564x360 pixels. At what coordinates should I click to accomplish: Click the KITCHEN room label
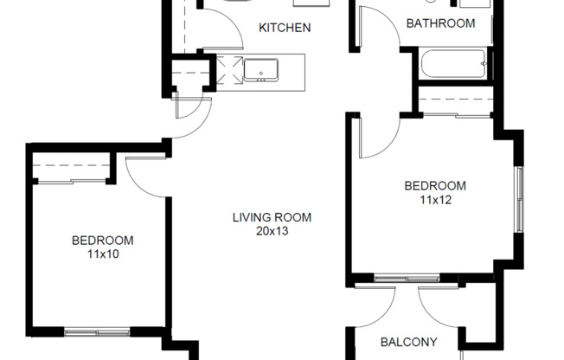click(285, 28)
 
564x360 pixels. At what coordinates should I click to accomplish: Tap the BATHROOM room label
click(440, 23)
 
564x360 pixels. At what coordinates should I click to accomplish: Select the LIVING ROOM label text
click(271, 217)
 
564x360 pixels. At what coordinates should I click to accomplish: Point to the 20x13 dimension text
click(271, 231)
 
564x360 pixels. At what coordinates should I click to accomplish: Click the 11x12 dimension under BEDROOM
click(435, 199)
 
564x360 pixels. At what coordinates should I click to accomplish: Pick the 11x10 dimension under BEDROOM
click(102, 254)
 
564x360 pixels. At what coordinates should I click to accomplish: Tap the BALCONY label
click(408, 342)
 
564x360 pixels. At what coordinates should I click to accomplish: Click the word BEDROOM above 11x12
click(435, 185)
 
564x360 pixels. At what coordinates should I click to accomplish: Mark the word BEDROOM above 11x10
click(102, 240)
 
